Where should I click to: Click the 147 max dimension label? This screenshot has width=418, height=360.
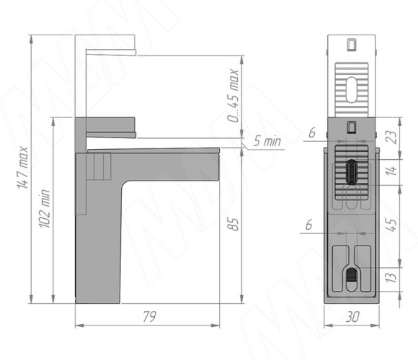[22, 167]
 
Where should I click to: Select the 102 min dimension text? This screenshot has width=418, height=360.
[45, 209]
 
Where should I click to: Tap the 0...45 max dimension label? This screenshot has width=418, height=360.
[234, 96]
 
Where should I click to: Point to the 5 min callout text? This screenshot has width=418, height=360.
[267, 140]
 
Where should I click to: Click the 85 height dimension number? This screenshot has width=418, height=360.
[234, 224]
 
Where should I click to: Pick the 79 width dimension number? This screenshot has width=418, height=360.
[149, 316]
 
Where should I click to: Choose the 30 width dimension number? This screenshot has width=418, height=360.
[352, 317]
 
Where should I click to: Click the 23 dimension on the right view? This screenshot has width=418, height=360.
[393, 138]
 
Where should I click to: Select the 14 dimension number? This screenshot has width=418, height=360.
[392, 171]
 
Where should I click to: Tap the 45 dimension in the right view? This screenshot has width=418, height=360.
[392, 225]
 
